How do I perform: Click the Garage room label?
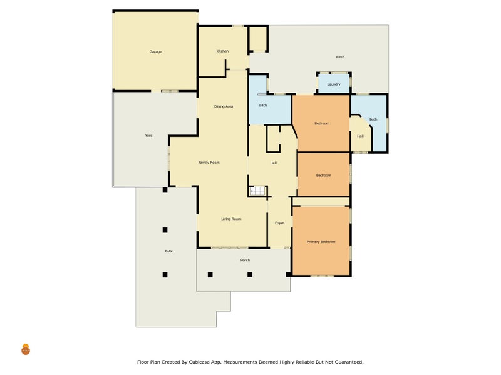155,51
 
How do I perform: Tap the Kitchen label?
222,51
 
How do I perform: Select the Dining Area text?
224,106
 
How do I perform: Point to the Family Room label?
209,162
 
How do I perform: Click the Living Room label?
231,219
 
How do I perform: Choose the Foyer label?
279,223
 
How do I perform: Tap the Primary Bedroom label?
321,242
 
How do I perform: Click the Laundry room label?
334,84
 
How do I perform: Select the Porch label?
245,260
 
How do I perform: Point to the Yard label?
148,136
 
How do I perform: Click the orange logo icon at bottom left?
26,349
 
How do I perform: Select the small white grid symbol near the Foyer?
257,191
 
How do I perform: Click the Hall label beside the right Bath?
360,136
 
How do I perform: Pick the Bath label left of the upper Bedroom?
262,105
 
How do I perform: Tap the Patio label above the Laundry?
340,57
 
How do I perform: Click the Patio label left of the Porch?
169,251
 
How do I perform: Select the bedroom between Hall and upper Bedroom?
323,174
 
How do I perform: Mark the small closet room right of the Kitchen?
258,39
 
